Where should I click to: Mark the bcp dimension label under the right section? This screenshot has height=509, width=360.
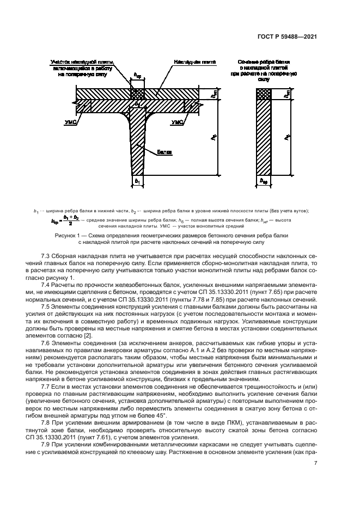(264, 180)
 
